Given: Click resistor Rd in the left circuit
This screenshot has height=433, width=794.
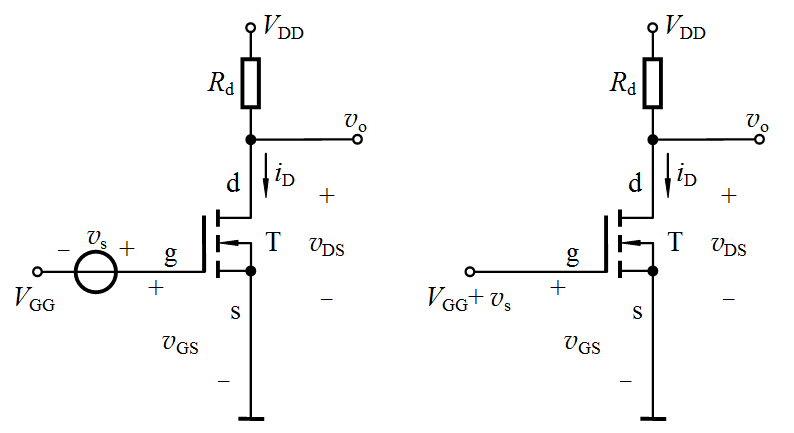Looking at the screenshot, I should pos(251,83).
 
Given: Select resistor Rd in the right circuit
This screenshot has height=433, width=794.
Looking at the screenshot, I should pos(652,83).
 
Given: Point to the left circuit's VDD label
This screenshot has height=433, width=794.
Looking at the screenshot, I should pos(284,29).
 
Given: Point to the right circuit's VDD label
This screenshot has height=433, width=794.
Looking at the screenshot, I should pos(685,29).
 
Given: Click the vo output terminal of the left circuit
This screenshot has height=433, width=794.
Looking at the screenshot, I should pos(356,140).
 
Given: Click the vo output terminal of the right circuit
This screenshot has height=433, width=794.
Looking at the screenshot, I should pos(758,140).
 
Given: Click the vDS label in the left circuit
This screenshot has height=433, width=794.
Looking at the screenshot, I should pos(327,245).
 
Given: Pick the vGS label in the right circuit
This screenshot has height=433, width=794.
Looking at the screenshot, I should pos(582,345).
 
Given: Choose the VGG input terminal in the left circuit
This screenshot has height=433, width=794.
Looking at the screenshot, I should pos(38,271).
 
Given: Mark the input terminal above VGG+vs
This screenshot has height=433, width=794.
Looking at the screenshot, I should pos(470,271).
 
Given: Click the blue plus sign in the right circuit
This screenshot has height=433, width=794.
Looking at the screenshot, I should pos(558,288).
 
